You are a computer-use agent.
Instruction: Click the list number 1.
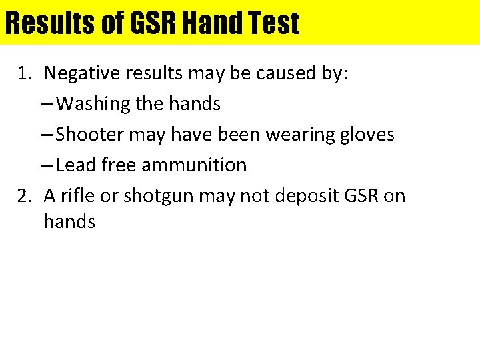coord(25,73)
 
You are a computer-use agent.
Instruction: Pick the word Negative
coord(83,73)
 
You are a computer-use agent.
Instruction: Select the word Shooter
coord(90,135)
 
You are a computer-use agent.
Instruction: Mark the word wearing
coord(300,135)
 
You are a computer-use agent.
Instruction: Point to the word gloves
coord(367,135)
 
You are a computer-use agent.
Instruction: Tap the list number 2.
coord(25,196)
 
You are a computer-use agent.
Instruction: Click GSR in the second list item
coord(357,196)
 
